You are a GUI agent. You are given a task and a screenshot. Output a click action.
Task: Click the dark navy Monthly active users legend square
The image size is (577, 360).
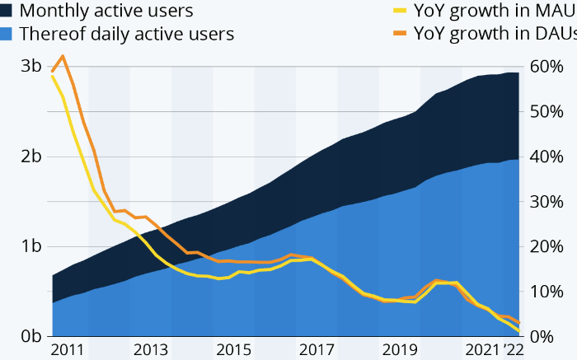pos(7,12)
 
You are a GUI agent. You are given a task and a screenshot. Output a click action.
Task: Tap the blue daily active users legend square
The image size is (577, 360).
pos(7,35)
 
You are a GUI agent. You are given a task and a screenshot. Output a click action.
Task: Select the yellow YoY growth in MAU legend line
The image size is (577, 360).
pos(399,12)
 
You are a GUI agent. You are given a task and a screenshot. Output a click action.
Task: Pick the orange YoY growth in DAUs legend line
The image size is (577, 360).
pos(399,35)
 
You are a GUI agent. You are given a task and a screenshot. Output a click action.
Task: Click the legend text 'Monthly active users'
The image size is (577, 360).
pos(106,12)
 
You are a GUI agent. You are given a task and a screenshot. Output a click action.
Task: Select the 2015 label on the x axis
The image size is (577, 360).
pos(233,349)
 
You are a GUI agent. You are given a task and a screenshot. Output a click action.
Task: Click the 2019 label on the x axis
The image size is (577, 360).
pos(399,349)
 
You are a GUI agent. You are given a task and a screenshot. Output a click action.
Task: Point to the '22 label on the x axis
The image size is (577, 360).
pos(515,349)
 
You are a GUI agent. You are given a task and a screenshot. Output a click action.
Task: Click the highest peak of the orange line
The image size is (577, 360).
pos(63,56)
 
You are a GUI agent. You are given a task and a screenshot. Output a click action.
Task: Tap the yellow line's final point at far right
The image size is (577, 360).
pos(519,332)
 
